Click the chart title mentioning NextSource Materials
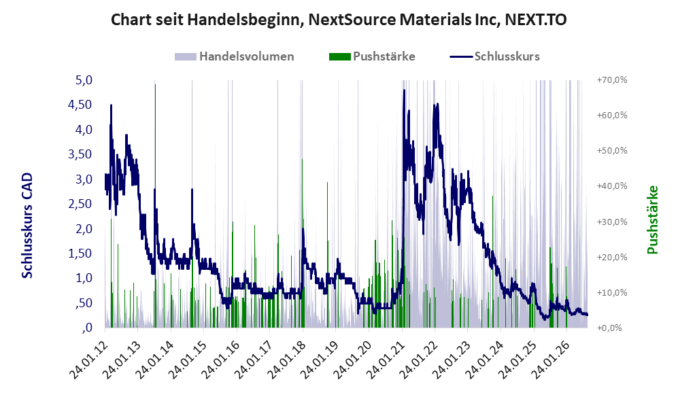339,20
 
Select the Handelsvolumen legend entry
235,56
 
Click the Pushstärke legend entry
372,56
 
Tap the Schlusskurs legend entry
494,56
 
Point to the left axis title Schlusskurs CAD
27,226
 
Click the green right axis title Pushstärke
652,220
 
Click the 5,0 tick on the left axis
84,80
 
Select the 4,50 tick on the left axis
80,105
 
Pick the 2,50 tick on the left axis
80,203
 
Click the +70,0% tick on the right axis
612,80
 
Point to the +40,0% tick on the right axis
612,186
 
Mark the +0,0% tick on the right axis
609,328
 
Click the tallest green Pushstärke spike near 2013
155,206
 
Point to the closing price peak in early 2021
404,90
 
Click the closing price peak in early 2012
111,105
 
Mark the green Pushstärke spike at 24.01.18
302,243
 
